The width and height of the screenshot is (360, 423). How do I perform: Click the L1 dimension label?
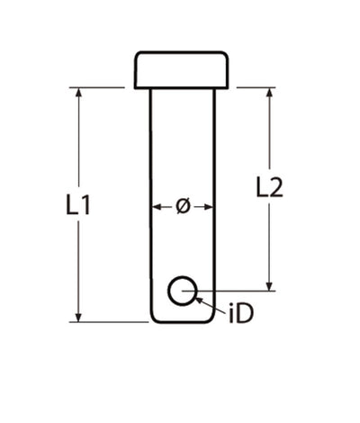[x=79, y=205]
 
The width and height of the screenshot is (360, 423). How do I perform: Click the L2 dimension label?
[x=269, y=187]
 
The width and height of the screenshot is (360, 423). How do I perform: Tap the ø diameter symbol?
[x=183, y=207]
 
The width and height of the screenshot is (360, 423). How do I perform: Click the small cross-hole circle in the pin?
[x=183, y=291]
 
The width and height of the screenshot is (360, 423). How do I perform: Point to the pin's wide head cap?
[x=182, y=70]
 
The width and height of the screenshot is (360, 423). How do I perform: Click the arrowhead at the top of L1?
[x=79, y=93]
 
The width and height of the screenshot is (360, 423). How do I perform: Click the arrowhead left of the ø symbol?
[x=156, y=207]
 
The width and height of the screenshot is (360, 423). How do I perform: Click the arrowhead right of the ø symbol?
[x=211, y=207]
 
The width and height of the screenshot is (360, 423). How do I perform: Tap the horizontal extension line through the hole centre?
[x=238, y=291]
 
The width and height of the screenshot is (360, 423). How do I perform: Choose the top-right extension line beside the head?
[x=256, y=87]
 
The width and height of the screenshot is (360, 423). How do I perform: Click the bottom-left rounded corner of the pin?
[x=154, y=318]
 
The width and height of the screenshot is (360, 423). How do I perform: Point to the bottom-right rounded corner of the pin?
[x=211, y=318]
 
